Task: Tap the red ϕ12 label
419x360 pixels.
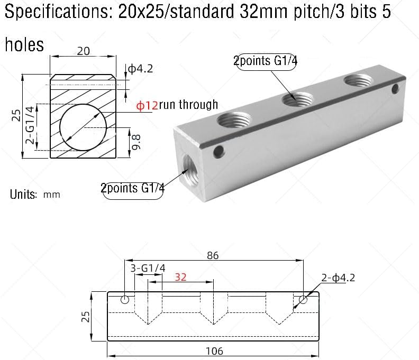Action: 147,105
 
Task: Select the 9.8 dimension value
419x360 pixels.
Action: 136,143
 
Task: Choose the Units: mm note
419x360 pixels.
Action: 35,194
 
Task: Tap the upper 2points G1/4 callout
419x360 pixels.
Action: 266,61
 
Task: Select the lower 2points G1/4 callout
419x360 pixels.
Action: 133,188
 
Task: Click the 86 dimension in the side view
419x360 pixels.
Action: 214,255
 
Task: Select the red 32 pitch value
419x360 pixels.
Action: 180,276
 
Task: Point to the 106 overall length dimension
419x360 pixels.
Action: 214,350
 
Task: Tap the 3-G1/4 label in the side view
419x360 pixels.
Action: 148,268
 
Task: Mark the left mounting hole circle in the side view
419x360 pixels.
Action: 125,300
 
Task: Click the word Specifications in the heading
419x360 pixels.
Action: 58,12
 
